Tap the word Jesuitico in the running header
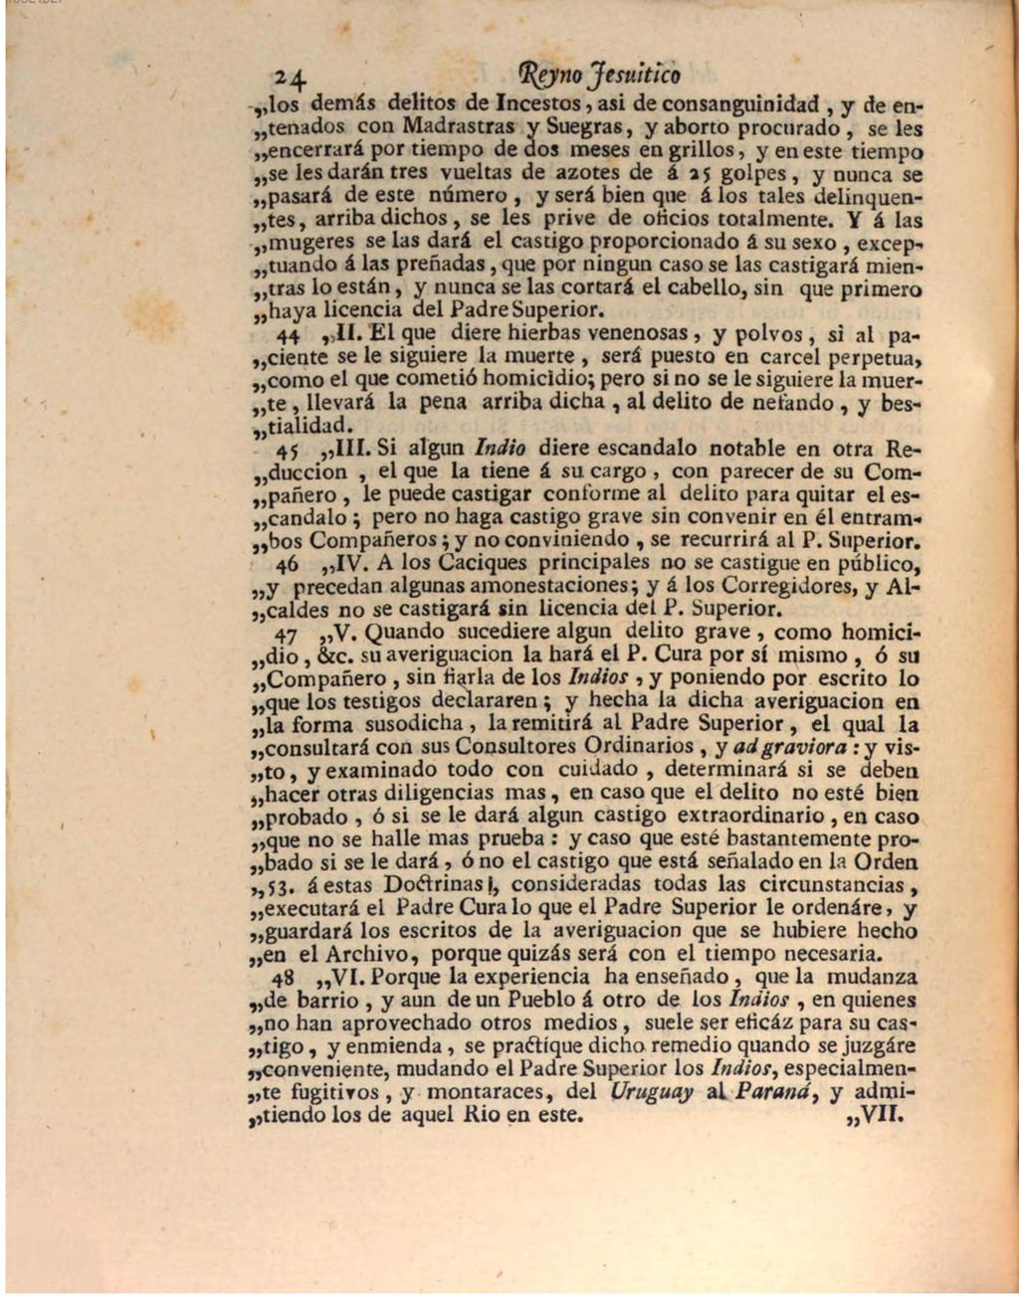(632, 75)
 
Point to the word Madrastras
(459, 127)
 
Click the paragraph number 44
(290, 335)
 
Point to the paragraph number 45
(290, 450)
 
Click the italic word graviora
(808, 746)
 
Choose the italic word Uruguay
(652, 1091)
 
